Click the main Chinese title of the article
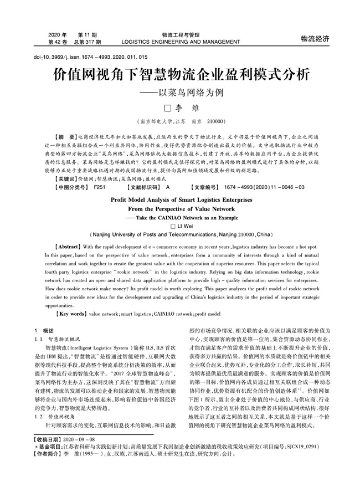[x=181, y=75]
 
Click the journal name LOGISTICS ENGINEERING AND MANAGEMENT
[x=181, y=42]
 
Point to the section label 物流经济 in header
[x=315, y=38]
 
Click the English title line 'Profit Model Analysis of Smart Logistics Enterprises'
[x=180, y=200]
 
